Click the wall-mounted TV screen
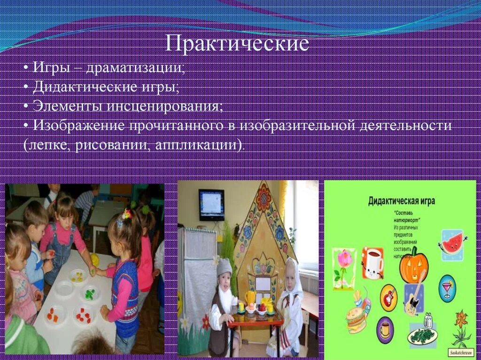[211, 205]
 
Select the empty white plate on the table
[64, 288]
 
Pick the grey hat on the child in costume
[224, 267]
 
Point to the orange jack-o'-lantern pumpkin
[414, 265]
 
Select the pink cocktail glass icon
[447, 288]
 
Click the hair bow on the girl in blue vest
[127, 214]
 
